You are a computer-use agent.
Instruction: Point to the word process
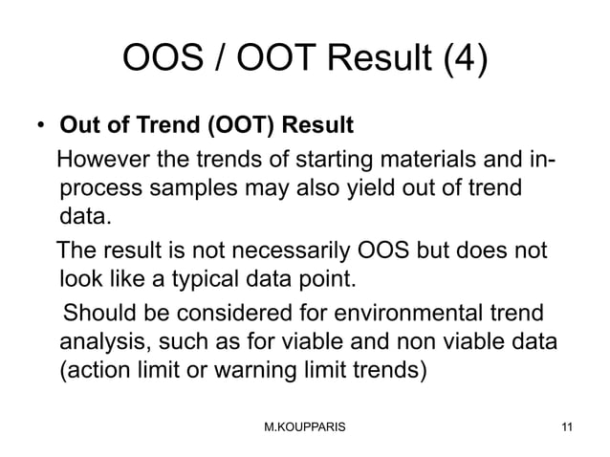tap(101, 186)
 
